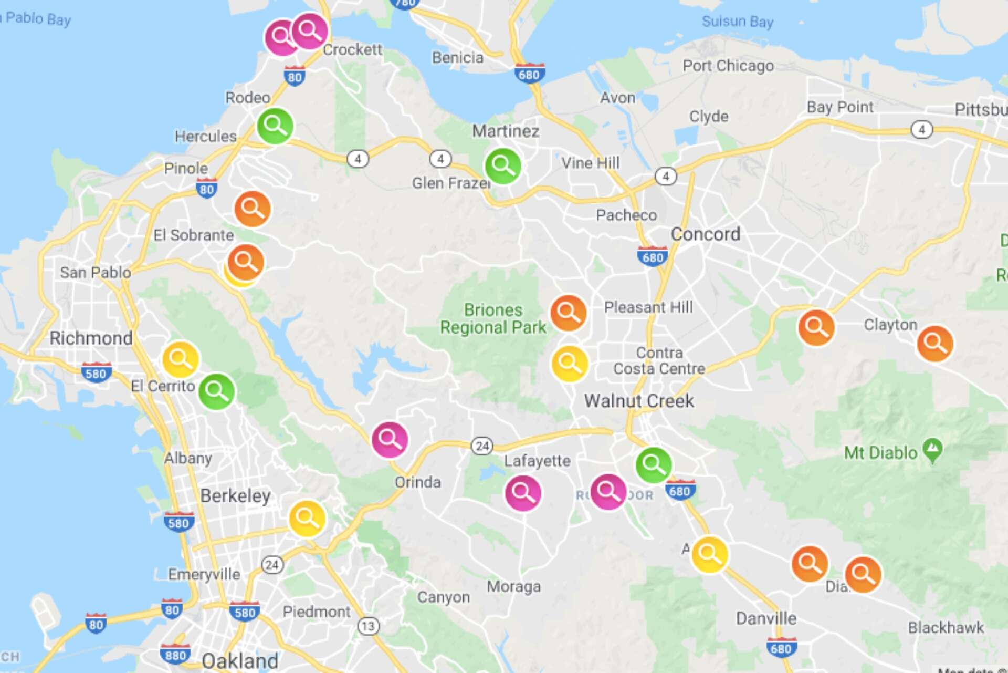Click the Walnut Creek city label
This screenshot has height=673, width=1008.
[x=639, y=401]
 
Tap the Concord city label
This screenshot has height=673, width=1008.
[x=705, y=234]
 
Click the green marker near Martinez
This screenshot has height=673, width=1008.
[x=503, y=166]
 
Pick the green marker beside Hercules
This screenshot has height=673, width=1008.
[x=275, y=126]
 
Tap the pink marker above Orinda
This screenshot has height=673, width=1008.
[x=390, y=439]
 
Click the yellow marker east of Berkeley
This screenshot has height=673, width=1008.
[x=307, y=519]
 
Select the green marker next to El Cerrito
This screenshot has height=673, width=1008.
[x=216, y=391]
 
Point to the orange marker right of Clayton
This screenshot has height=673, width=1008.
[x=935, y=344]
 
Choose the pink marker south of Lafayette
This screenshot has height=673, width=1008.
[x=523, y=493]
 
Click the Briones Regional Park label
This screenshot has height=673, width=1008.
[x=493, y=318]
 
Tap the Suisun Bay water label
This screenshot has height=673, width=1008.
[x=737, y=22]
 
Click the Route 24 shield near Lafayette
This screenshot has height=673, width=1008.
[x=481, y=446]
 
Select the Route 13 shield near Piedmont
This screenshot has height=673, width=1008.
[x=368, y=626]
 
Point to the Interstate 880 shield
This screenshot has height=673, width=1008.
[x=175, y=655]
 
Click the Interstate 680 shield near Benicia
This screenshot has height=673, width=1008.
[x=529, y=75]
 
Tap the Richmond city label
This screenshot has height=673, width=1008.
[x=91, y=338]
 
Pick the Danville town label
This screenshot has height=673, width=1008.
[x=766, y=618]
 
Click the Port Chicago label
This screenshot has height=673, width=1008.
[x=728, y=66]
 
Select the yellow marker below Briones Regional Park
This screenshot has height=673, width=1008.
[x=569, y=363]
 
